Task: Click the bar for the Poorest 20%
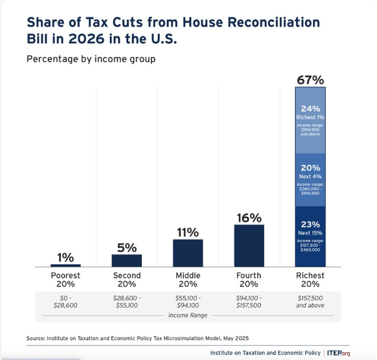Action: tap(66, 265)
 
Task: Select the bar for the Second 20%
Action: tap(127, 260)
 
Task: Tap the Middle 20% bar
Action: tap(188, 253)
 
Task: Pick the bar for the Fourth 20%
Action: tap(249, 246)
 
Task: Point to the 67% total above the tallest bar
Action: tap(310, 80)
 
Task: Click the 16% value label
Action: tap(249, 218)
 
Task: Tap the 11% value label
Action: tap(188, 232)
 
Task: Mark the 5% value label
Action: tap(127, 247)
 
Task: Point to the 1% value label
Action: tap(66, 257)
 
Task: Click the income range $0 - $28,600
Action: tap(66, 301)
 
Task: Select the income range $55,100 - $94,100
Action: tap(188, 301)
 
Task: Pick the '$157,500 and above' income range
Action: tap(310, 301)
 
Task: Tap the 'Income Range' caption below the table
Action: tap(188, 316)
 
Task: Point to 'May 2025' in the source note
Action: tap(235, 338)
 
